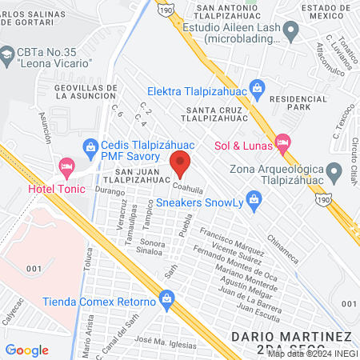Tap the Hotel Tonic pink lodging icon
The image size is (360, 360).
point(66,168)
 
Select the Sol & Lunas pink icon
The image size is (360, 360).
point(282,143)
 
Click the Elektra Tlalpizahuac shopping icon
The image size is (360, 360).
point(257,86)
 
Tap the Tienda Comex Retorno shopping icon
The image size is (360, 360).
point(166,302)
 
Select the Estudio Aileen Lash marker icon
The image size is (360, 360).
point(291,31)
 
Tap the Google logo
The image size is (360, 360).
point(26,350)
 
